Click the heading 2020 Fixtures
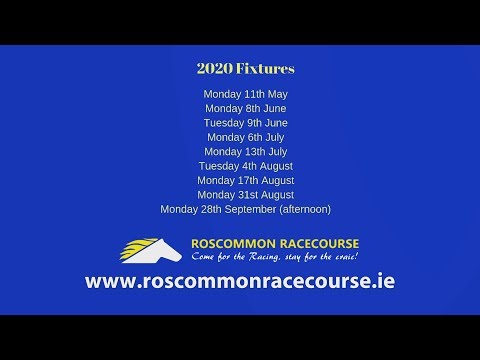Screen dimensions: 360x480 245,70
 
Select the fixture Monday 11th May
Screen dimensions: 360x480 245,94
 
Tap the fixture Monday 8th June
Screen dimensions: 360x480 245,108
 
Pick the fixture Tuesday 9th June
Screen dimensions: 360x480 245,123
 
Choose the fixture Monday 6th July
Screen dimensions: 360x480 245,137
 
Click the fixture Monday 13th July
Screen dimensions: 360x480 245,151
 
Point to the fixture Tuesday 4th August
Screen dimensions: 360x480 245,166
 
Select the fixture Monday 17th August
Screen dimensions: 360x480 245,180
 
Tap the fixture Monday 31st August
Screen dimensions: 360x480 245,194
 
